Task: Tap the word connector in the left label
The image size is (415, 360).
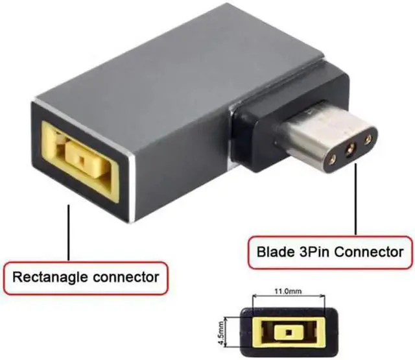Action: tap(125, 278)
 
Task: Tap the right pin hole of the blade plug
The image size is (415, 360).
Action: tap(370, 138)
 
